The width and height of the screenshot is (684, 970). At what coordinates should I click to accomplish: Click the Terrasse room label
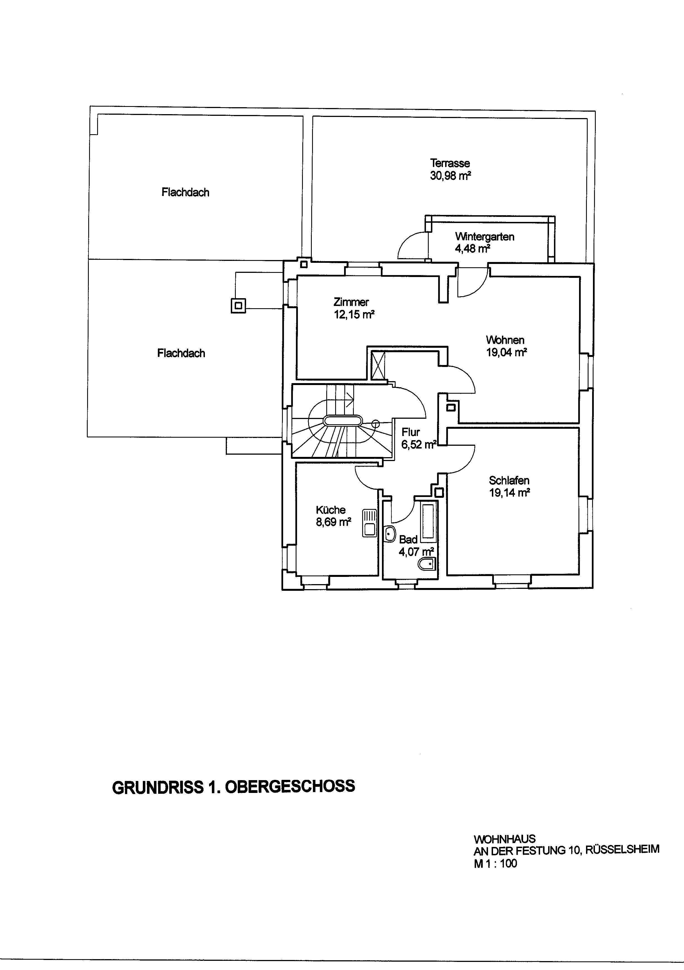(450, 163)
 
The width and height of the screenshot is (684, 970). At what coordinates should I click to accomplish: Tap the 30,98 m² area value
(450, 176)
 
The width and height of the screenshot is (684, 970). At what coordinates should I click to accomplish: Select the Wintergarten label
(485, 237)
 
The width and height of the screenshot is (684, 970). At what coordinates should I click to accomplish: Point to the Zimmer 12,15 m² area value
(354, 315)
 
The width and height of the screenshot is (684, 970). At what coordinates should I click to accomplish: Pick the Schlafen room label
(509, 480)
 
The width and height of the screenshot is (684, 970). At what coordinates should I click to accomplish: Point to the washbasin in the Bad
(389, 534)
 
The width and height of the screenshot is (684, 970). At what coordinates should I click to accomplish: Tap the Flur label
(411, 432)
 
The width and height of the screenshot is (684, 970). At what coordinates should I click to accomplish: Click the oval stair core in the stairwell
(343, 421)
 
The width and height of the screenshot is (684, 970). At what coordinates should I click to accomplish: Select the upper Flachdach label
(185, 193)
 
